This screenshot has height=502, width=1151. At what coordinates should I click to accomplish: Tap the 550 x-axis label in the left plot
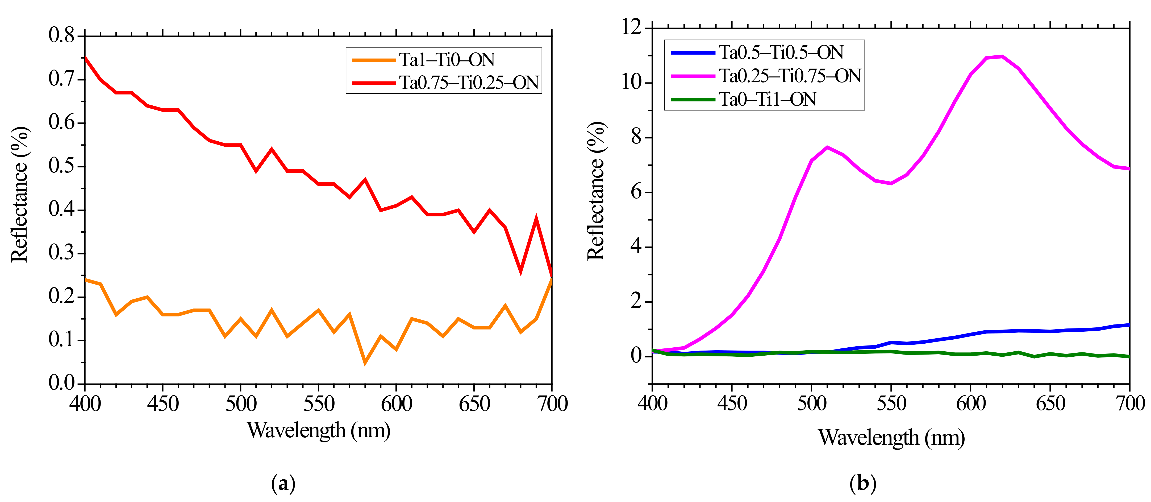pyautogui.click(x=319, y=404)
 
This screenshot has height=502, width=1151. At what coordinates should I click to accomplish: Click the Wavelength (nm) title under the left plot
pyautogui.click(x=319, y=430)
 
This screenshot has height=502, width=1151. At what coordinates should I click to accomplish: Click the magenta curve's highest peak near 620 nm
pyautogui.click(x=1002, y=56)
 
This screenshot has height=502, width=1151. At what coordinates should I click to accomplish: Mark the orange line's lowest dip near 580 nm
pyautogui.click(x=365, y=362)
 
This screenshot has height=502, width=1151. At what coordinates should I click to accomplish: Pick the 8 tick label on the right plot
pyautogui.click(x=636, y=137)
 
